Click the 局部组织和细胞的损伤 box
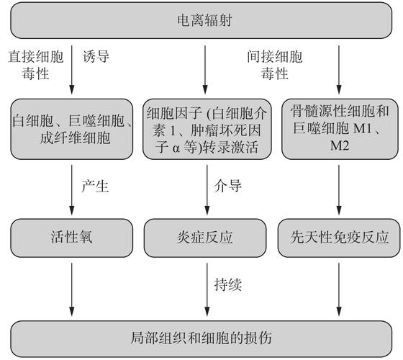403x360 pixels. tap(205, 338)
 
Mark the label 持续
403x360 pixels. tap(228, 285)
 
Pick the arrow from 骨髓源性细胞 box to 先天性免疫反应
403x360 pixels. tap(339, 189)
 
